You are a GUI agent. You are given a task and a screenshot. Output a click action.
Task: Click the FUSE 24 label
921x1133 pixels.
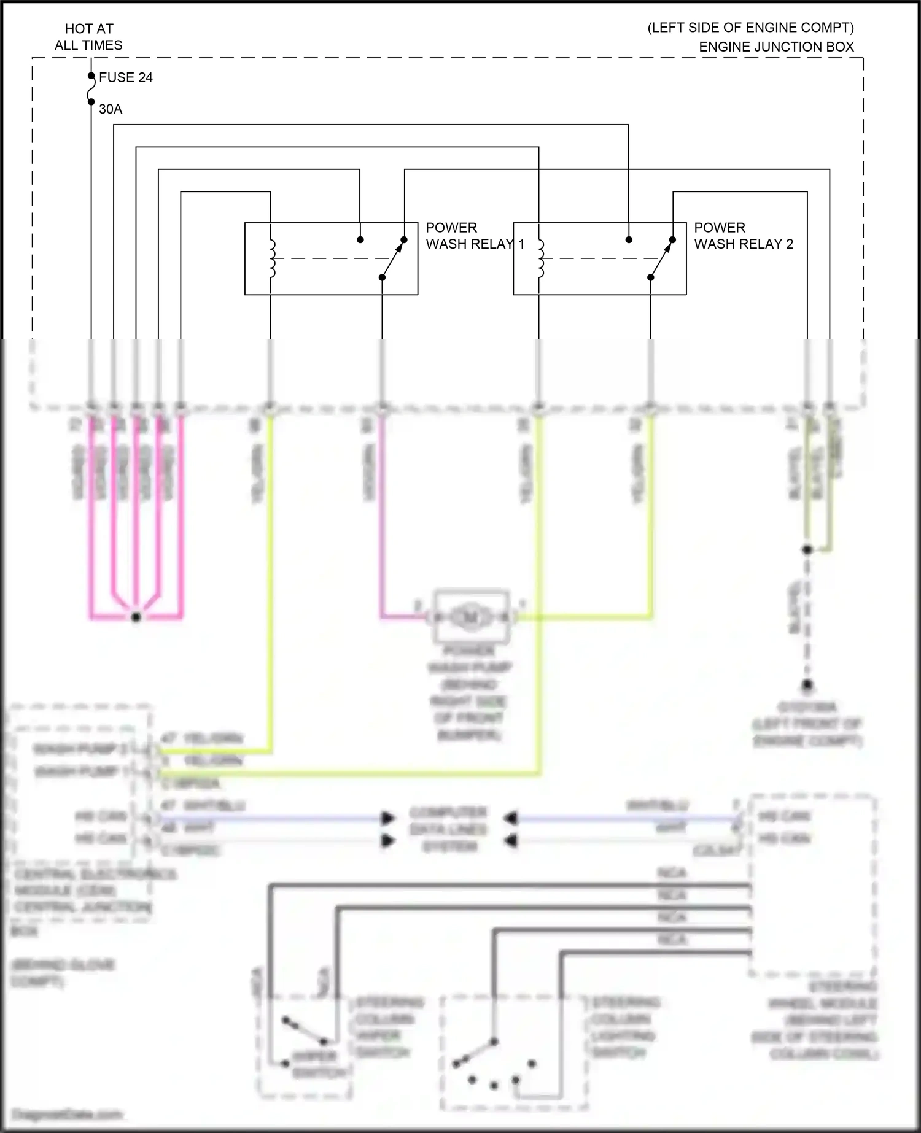pyautogui.click(x=125, y=78)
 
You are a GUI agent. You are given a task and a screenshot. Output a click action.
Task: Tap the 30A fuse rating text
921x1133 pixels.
pyautogui.click(x=111, y=109)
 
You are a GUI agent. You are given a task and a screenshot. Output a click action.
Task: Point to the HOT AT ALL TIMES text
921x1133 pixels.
pyautogui.click(x=89, y=37)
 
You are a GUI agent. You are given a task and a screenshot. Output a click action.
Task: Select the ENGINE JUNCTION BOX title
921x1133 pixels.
pyautogui.click(x=776, y=47)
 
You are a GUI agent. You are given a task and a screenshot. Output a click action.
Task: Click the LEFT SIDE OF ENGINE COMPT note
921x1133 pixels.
pyautogui.click(x=750, y=28)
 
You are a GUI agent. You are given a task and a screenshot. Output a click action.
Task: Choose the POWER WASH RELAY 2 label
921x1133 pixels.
pyautogui.click(x=743, y=236)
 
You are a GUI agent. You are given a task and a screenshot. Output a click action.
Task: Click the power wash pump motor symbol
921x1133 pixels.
pyautogui.click(x=471, y=616)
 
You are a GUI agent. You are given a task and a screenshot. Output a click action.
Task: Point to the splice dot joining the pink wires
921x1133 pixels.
pyautogui.click(x=136, y=617)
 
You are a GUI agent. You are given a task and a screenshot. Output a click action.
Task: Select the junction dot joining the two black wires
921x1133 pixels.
pyautogui.click(x=807, y=550)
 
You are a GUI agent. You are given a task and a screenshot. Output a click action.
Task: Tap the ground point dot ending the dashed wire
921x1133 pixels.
pyautogui.click(x=807, y=684)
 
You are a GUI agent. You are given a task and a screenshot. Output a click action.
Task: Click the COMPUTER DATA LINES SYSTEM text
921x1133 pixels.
pyautogui.click(x=448, y=829)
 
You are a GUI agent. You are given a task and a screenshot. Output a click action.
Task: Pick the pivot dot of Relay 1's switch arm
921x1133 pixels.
pyautogui.click(x=382, y=277)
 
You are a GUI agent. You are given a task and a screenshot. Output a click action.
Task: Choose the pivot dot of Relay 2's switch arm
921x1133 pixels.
pyautogui.click(x=650, y=277)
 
